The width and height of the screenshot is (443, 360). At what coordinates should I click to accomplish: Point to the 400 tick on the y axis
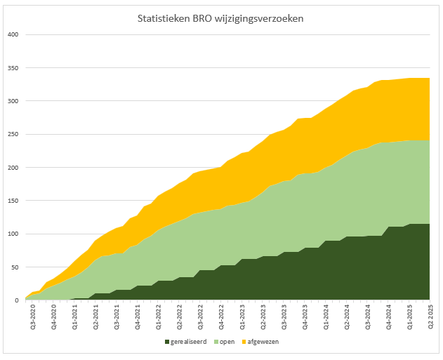coord(13,35)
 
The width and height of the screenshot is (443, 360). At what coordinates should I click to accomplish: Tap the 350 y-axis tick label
coord(13,68)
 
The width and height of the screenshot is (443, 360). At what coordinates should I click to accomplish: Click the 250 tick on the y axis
coord(13,134)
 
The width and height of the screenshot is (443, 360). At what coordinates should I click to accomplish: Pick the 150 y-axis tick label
coord(13,201)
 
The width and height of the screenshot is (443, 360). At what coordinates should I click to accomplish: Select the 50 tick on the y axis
coord(15,267)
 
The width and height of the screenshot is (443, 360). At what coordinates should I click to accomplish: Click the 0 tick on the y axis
coord(17,300)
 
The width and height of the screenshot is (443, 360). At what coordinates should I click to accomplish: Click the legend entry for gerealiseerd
coord(190,342)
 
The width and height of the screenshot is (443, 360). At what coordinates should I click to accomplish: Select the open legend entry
coord(227,342)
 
